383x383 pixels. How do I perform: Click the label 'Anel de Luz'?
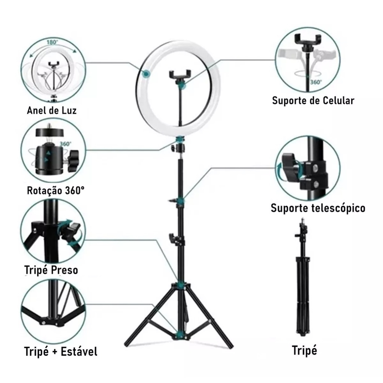[52, 110]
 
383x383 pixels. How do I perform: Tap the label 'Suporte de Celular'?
[313, 100]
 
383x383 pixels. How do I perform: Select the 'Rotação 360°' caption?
[56, 190]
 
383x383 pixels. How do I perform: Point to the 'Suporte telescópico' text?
[318, 208]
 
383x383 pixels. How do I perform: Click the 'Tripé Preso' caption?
[51, 270]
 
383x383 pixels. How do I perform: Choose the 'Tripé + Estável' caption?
[61, 352]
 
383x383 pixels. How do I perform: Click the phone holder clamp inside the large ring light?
[180, 74]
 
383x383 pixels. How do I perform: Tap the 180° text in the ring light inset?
[52, 42]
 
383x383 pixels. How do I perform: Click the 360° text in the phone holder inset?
[316, 82]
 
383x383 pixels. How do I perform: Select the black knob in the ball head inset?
[73, 160]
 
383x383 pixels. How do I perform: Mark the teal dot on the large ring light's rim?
[147, 73]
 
